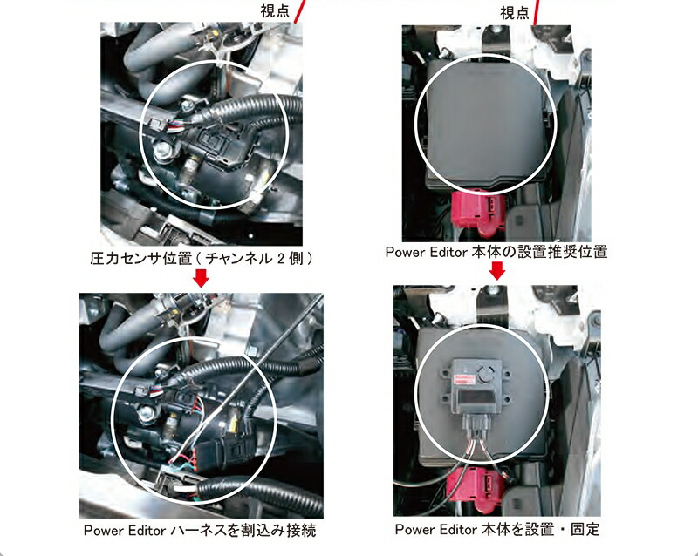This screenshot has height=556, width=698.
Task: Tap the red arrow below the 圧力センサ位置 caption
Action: point(201,277)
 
